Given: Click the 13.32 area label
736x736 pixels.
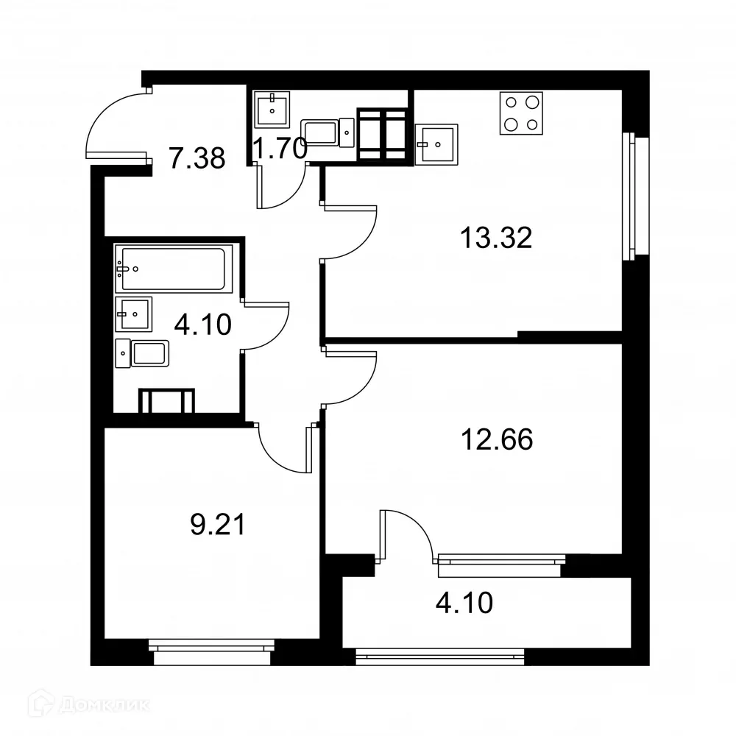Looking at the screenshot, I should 495,238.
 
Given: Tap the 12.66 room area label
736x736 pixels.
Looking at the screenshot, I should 496,439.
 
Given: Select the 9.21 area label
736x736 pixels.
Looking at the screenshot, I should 216,526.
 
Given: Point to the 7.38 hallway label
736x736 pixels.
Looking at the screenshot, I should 197,158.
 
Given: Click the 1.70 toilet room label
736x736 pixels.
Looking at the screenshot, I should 278,150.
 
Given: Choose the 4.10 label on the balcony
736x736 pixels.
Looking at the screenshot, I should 464,604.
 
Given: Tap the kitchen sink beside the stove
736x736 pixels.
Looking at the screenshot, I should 436,144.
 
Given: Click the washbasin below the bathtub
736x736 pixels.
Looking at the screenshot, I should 133,314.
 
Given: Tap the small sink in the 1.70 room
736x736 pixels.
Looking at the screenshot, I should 272,109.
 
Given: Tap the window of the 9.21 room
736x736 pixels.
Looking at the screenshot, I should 211,646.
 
